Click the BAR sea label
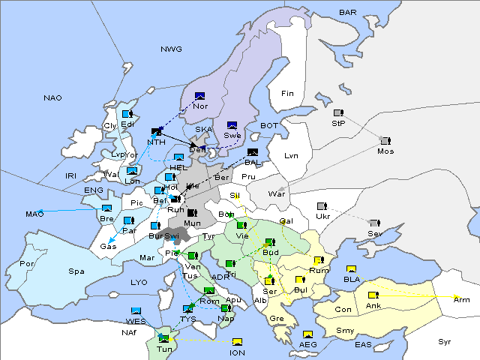pyautogui.click(x=348, y=12)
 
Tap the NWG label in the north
pyautogui.click(x=171, y=49)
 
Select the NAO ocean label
pyautogui.click(x=52, y=97)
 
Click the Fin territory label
pyautogui.click(x=287, y=93)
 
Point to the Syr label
pyautogui.click(x=445, y=341)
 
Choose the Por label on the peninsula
pyautogui.click(x=27, y=264)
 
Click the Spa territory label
pyautogui.click(x=76, y=271)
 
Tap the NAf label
pyautogui.click(x=130, y=332)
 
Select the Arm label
pyautogui.click(x=462, y=299)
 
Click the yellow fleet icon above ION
pyautogui.click(x=238, y=342)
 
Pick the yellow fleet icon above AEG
pyautogui.click(x=307, y=334)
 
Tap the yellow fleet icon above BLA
pyautogui.click(x=351, y=269)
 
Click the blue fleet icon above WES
pyautogui.click(x=136, y=311)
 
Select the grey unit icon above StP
pyautogui.click(x=338, y=113)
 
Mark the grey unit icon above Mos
pyautogui.click(x=385, y=140)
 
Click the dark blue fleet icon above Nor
pyautogui.click(x=199, y=95)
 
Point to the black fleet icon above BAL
pyautogui.click(x=252, y=152)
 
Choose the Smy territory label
pyautogui.click(x=345, y=330)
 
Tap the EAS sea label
pyautogui.click(x=364, y=344)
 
